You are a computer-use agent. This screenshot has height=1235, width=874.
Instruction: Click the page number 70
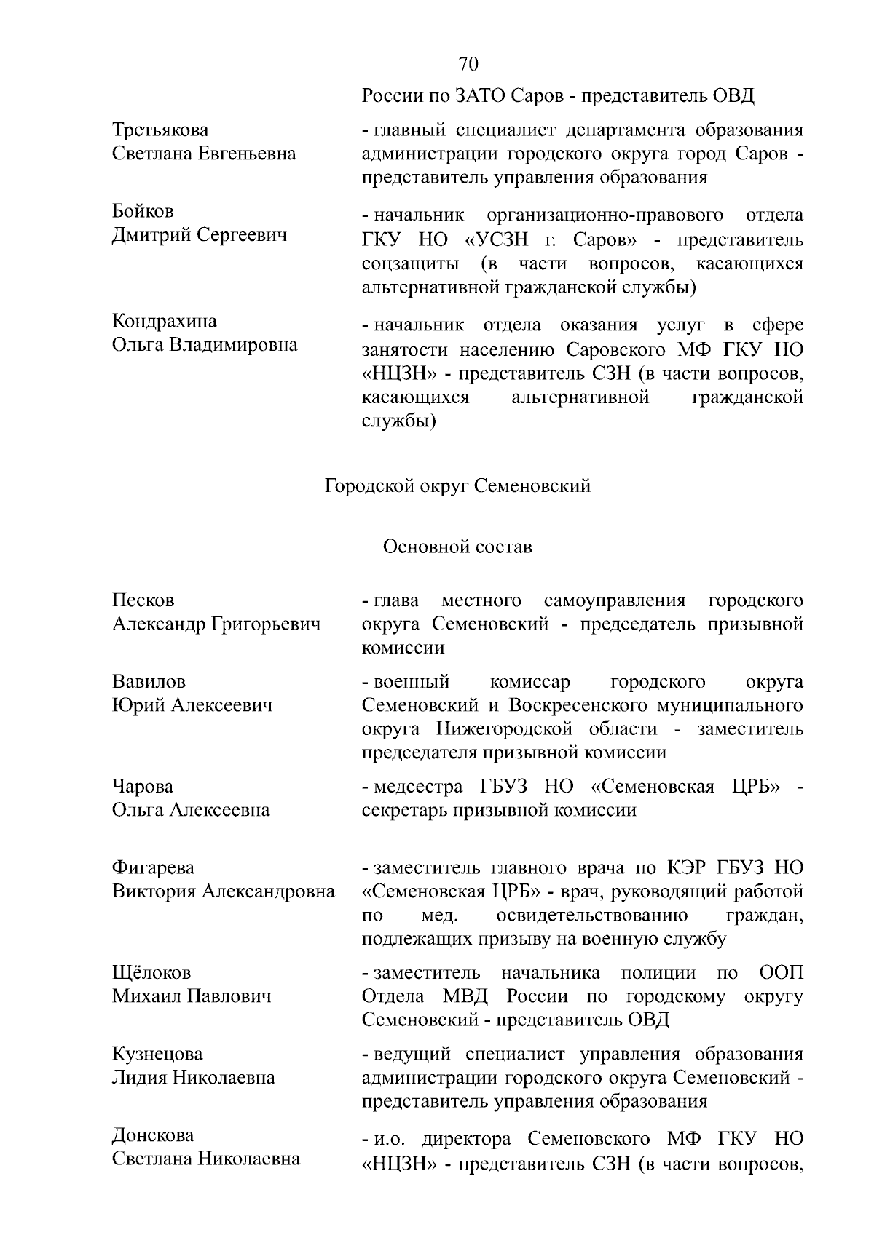pos(468,64)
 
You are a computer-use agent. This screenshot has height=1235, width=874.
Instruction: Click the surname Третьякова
pos(160,130)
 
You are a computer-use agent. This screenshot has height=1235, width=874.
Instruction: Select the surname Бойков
pos(143,212)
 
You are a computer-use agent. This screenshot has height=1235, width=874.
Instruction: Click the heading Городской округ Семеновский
pos(457,486)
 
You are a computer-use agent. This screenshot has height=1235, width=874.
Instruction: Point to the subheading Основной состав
pos(457,547)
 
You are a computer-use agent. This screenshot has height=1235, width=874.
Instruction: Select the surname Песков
pos(143,601)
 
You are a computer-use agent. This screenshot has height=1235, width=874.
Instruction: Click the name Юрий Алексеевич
pos(192,706)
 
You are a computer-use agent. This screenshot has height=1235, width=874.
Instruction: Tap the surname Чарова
pos(143,787)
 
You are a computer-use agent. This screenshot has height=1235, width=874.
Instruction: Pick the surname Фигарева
pos(153,868)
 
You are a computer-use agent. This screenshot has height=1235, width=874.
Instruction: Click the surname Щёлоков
pos(151,973)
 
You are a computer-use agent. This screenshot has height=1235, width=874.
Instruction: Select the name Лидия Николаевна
pos(193,1078)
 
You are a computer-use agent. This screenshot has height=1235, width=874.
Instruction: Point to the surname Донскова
pos(153,1136)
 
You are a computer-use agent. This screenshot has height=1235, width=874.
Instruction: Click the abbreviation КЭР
pos(686,868)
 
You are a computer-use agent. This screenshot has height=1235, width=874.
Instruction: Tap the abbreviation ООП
pos(781,973)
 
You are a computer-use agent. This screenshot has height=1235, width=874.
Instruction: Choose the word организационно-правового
pos(605,215)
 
